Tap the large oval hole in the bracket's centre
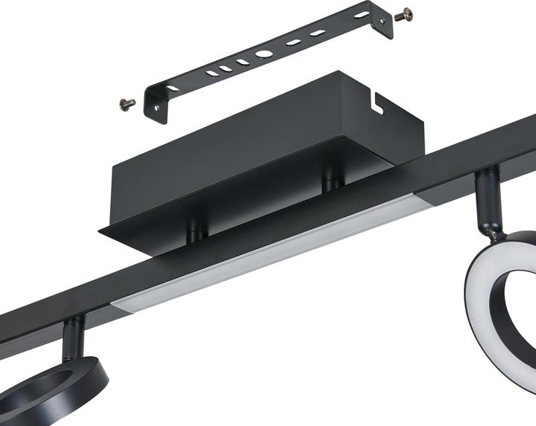click(x=264, y=54)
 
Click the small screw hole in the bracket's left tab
click(x=158, y=106)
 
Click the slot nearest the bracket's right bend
click(x=360, y=16)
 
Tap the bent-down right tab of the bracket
click(x=383, y=27)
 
